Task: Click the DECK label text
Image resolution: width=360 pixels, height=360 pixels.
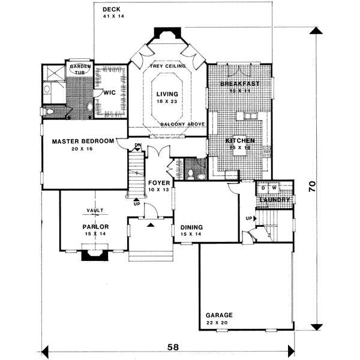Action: click(x=111, y=10)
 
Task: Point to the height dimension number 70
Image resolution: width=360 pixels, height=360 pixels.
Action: click(x=312, y=186)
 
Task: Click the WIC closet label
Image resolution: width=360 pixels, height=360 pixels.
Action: click(x=109, y=93)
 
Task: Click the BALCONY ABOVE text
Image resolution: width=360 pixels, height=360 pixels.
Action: click(x=183, y=124)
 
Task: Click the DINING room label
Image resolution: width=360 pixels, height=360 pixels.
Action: click(x=191, y=227)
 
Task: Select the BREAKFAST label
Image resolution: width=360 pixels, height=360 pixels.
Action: click(x=239, y=83)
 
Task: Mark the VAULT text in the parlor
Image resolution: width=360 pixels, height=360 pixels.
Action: click(x=95, y=210)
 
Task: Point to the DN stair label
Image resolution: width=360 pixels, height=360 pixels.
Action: click(x=137, y=145)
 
